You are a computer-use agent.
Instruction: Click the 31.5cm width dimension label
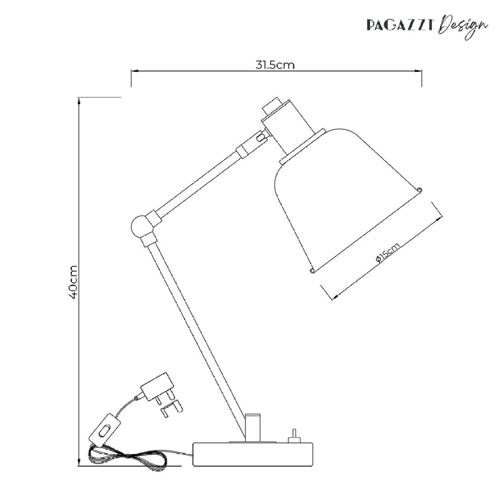[275, 65]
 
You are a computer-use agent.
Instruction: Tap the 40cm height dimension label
[73, 282]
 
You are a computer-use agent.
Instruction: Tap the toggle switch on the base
[294, 436]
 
